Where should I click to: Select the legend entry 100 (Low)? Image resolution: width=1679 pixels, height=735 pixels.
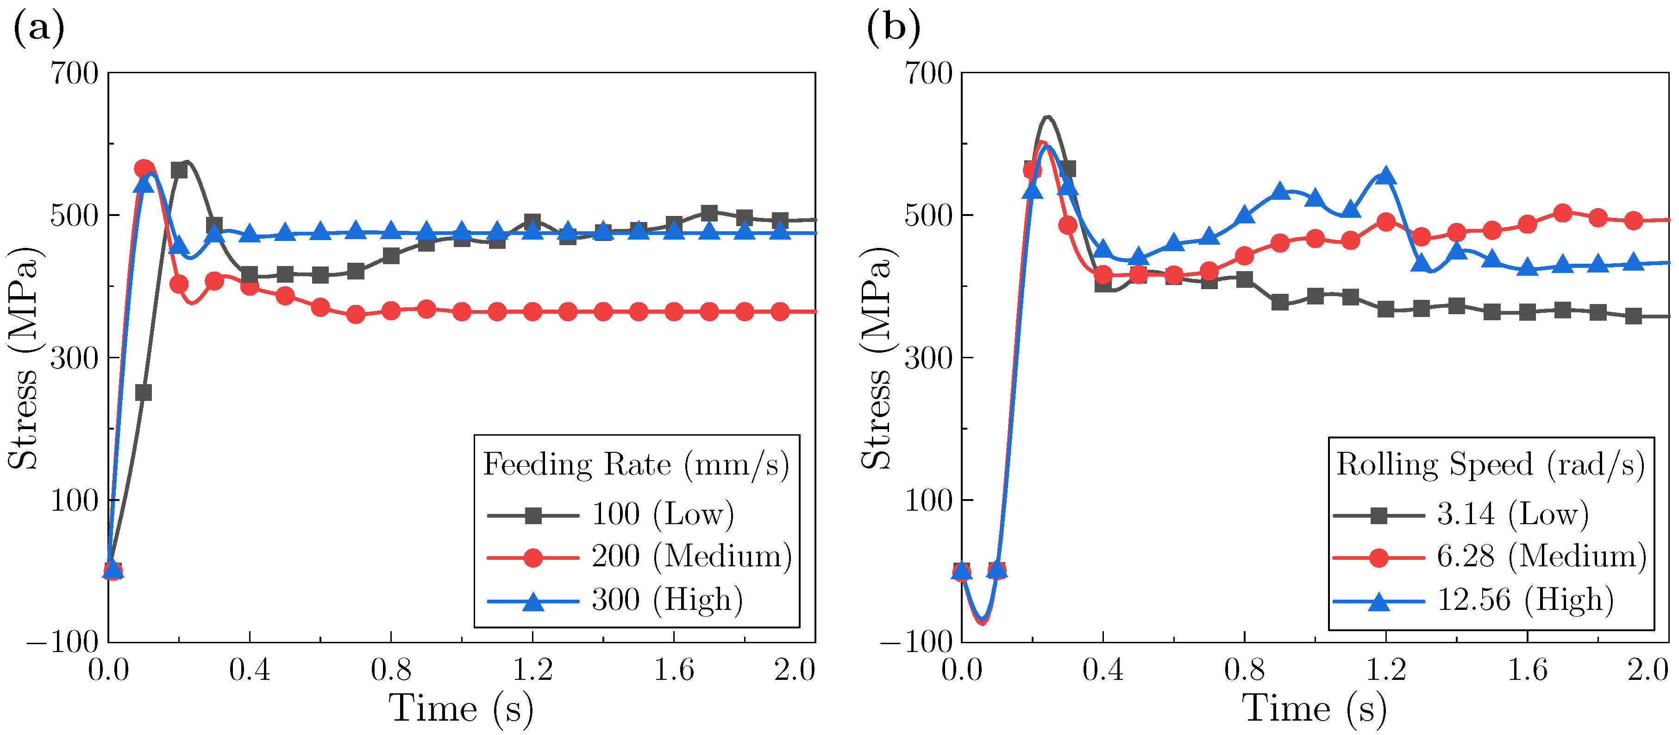(662, 514)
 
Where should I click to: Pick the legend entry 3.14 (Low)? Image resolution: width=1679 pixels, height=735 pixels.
(1512, 514)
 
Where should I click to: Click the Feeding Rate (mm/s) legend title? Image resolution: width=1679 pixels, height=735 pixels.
(635, 465)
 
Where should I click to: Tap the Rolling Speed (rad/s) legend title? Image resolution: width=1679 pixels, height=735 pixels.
(1490, 465)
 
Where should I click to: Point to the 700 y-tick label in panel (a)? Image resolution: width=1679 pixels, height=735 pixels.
(74, 74)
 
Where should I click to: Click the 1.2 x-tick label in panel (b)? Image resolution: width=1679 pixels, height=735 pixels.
(1386, 670)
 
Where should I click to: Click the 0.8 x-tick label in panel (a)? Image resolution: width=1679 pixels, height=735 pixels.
(391, 670)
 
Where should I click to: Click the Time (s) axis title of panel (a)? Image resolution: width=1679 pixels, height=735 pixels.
(461, 709)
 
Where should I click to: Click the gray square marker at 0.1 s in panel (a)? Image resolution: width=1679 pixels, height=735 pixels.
(144, 393)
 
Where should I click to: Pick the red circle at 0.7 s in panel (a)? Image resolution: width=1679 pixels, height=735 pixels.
(356, 314)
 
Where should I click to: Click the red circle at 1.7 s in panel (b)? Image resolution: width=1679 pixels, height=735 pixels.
(1562, 213)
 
